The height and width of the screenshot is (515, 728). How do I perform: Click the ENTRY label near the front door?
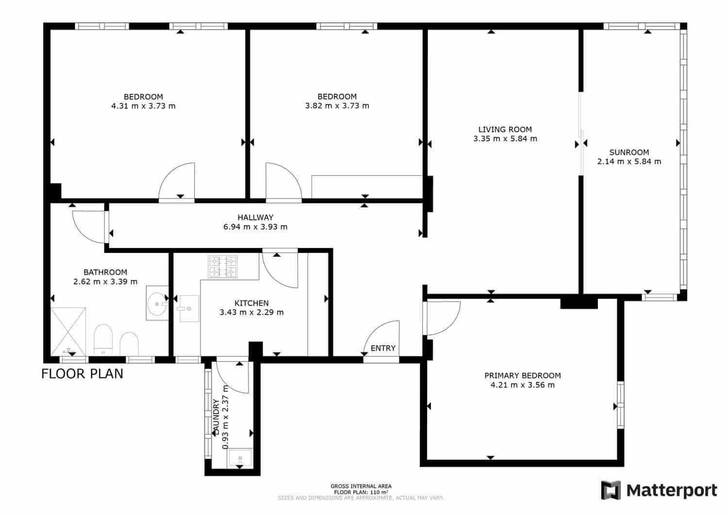[x=383, y=348]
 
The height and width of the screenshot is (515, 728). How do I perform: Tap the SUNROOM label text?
[x=629, y=152]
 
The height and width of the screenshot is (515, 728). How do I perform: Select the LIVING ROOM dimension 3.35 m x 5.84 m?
[x=505, y=139]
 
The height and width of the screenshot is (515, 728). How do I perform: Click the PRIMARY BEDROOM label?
[x=522, y=375]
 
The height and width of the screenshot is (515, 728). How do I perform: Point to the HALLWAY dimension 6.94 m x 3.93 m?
[x=255, y=227]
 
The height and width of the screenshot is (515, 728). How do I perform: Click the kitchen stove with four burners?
[x=223, y=267]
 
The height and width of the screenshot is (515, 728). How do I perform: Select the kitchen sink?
[x=189, y=308]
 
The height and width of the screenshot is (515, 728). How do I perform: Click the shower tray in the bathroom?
[x=68, y=331]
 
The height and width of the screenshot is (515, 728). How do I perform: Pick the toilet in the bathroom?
[x=102, y=339]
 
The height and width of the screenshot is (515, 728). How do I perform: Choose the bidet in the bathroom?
[x=129, y=343]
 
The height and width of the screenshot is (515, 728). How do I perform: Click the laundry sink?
[x=240, y=457]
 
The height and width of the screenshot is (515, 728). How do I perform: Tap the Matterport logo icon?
[x=611, y=490]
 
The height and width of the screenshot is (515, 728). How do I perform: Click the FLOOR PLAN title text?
[x=82, y=374]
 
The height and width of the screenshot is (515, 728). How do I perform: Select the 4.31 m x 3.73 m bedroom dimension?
[x=143, y=106]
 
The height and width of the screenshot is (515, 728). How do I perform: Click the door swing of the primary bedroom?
[x=443, y=318]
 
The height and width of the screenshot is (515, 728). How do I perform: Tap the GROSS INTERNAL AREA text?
[x=361, y=486]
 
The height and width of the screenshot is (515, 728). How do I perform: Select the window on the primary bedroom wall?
[x=620, y=405]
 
